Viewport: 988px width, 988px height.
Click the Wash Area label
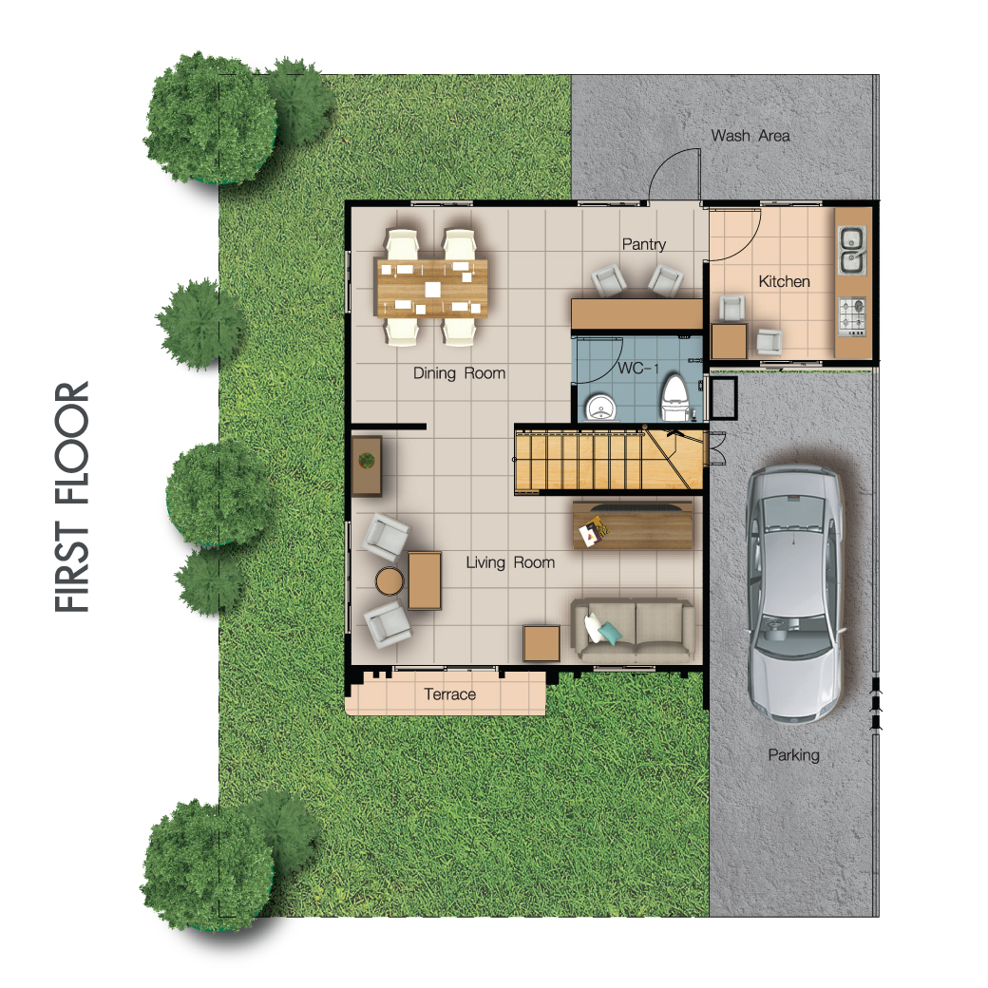[750, 136]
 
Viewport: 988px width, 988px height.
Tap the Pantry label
[643, 244]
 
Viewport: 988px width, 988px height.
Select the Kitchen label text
[784, 281]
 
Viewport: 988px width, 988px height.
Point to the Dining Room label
[460, 373]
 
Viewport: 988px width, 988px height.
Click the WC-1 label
[637, 368]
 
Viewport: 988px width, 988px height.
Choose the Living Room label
[510, 562]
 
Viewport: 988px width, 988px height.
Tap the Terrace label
[449, 694]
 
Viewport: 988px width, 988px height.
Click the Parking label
[793, 755]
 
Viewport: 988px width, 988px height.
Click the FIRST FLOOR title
[72, 497]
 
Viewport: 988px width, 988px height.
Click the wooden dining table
[432, 288]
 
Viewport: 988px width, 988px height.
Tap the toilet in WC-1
[674, 398]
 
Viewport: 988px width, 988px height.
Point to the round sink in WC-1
[601, 408]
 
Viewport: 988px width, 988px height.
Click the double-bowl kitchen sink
[851, 250]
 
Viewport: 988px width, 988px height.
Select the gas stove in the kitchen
[851, 316]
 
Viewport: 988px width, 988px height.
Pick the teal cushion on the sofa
[610, 632]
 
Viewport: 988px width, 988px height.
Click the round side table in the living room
[389, 581]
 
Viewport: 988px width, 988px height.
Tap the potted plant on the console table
[366, 461]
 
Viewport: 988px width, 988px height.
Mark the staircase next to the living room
[609, 461]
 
